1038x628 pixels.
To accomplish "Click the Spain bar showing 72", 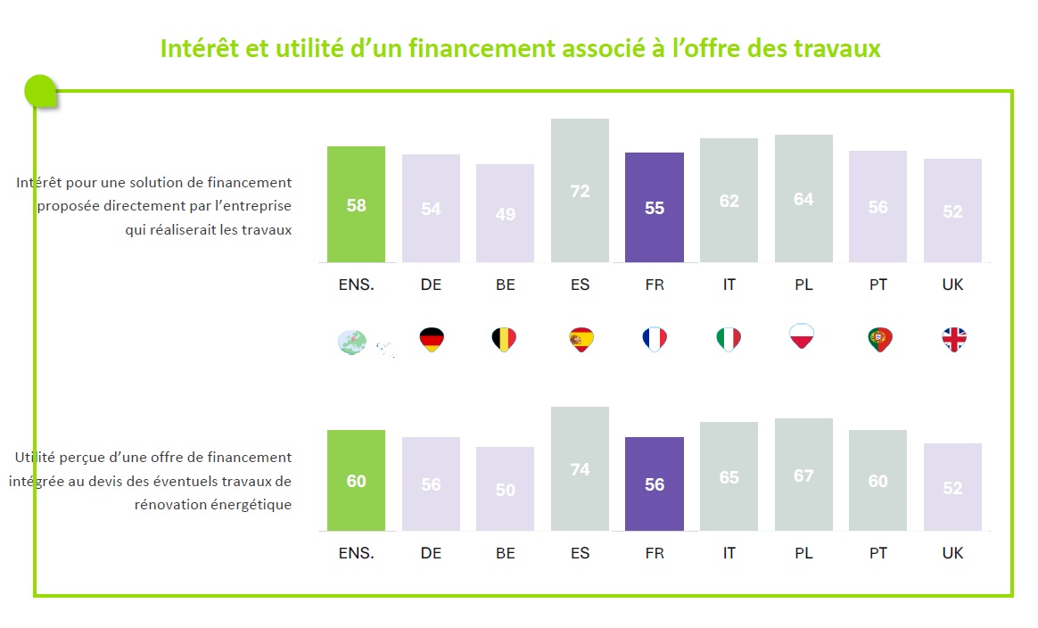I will tap(580, 191).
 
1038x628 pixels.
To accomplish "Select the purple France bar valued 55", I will tap(655, 207).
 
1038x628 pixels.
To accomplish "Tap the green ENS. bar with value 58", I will tap(356, 204).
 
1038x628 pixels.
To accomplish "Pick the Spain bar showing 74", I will tap(580, 469).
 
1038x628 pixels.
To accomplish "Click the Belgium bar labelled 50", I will tap(505, 489).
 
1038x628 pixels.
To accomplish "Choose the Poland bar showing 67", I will tap(803, 475).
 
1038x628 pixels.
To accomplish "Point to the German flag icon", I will tap(432, 339).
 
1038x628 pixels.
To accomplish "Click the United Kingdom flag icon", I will tap(953, 339).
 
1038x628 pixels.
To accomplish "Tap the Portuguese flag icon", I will tap(879, 339).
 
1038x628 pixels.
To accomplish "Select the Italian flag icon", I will tap(729, 339).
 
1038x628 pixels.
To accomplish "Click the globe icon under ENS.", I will tap(352, 342).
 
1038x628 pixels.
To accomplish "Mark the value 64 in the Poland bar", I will tap(803, 199).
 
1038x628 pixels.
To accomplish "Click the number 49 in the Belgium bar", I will tap(505, 214).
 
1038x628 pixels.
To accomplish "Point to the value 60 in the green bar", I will tap(356, 481).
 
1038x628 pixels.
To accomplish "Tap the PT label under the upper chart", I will tap(878, 285).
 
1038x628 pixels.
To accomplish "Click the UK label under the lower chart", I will tap(952, 553).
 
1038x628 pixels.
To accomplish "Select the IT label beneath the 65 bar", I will tap(729, 553).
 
